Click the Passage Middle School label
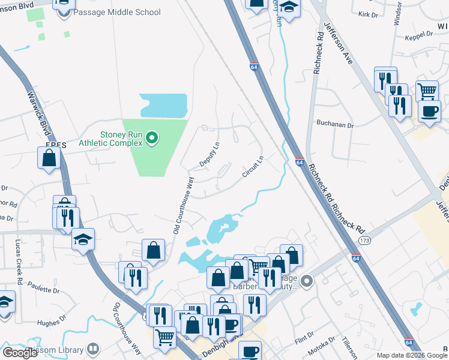(x=117, y=12)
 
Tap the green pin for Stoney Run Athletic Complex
(x=152, y=139)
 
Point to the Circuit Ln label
(x=253, y=167)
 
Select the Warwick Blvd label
(x=40, y=112)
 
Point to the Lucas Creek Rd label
(x=19, y=262)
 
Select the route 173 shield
(x=364, y=240)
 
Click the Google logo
(x=20, y=352)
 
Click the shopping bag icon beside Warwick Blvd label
(x=49, y=158)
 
